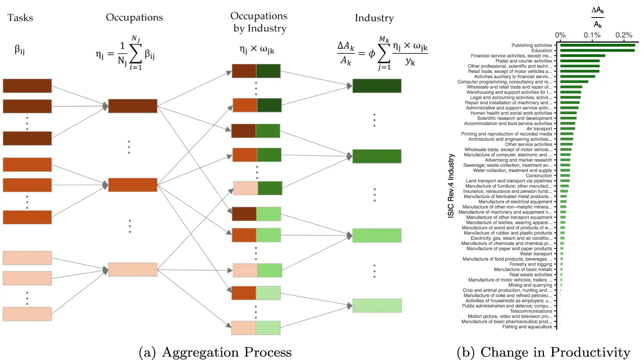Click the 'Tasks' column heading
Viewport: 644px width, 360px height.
coord(20,18)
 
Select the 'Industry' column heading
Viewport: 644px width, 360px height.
coord(374,18)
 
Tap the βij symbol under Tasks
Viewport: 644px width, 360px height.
coord(19,50)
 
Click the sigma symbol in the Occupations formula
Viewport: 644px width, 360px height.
coord(135,54)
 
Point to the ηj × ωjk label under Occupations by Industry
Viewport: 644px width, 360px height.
coord(257,50)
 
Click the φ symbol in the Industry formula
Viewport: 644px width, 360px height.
coord(372,54)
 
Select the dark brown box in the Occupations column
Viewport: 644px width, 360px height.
coord(133,106)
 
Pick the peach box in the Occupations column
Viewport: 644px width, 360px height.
coord(133,269)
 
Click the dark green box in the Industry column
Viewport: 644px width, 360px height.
coord(377,86)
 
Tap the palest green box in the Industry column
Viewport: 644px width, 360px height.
coord(377,306)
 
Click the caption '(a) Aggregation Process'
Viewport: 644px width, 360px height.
coord(215,352)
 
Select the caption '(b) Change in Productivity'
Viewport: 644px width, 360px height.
coord(544,352)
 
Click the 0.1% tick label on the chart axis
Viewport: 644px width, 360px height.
coord(592,35)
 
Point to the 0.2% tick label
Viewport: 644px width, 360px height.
coord(624,35)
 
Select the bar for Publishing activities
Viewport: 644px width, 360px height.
coord(597,46)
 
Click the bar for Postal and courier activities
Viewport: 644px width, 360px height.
coord(580,61)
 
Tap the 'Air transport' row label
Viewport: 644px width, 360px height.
coord(539,129)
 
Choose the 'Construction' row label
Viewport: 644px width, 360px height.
coord(539,176)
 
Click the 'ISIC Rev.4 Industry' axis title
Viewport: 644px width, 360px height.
coord(451,185)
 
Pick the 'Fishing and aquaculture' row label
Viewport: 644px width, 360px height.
coord(527,327)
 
